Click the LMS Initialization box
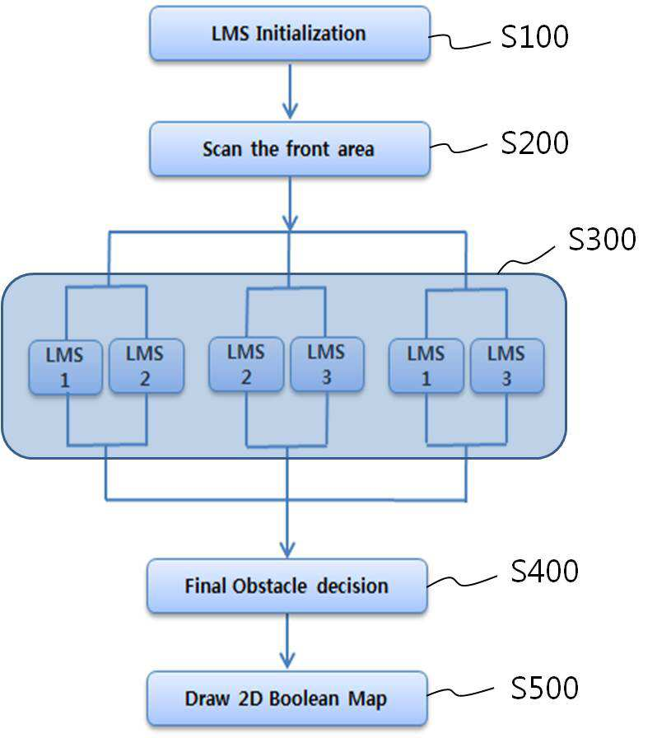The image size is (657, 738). click(x=290, y=34)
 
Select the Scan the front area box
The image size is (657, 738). click(x=290, y=149)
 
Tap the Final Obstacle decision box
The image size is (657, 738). click(x=287, y=586)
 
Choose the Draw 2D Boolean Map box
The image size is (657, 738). click(x=287, y=698)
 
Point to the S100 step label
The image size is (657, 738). click(x=534, y=36)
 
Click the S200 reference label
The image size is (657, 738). click(x=534, y=142)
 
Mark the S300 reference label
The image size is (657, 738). click(x=602, y=239)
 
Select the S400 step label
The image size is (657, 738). click(x=544, y=571)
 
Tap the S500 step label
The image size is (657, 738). click(x=544, y=688)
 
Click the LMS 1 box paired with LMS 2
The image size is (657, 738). click(x=65, y=367)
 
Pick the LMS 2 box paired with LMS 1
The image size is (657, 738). click(x=147, y=366)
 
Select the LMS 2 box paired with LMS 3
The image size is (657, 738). click(x=246, y=364)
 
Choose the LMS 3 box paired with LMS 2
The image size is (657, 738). click(x=327, y=364)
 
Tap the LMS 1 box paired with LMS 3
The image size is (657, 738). click(x=426, y=366)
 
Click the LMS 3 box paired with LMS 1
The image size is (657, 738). click(x=507, y=366)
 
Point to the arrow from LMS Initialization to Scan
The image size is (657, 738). click(x=290, y=91)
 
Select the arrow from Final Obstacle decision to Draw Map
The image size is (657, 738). click(x=287, y=641)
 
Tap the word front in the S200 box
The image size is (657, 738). click(x=308, y=149)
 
